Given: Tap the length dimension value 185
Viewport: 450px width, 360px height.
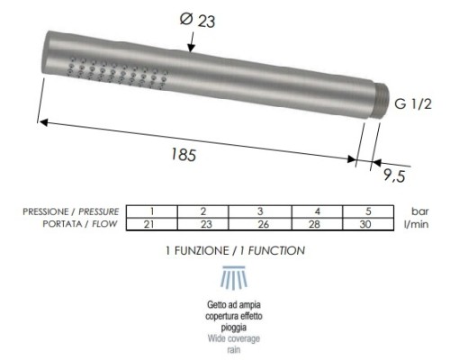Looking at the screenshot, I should [x=185, y=154].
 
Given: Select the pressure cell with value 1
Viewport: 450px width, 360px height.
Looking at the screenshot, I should [x=152, y=211].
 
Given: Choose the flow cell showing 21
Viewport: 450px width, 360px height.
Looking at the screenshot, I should [x=152, y=223].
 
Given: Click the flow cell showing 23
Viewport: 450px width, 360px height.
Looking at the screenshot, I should [x=204, y=223].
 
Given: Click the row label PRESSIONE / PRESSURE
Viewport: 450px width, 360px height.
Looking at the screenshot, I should [x=71, y=211].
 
